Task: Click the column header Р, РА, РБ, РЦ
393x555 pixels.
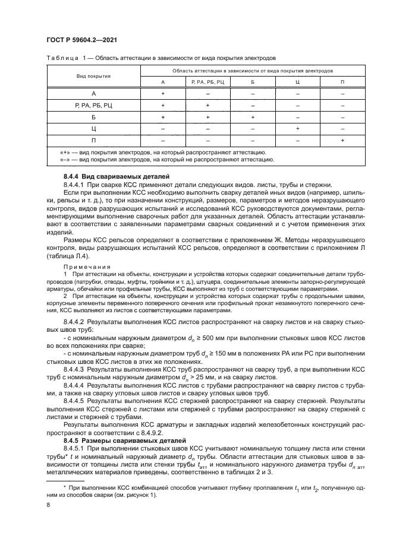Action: tap(207, 81)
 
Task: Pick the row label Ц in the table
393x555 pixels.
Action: tap(93, 128)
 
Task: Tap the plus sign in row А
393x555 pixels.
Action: tap(162, 94)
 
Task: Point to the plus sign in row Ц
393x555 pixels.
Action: tap(297, 128)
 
